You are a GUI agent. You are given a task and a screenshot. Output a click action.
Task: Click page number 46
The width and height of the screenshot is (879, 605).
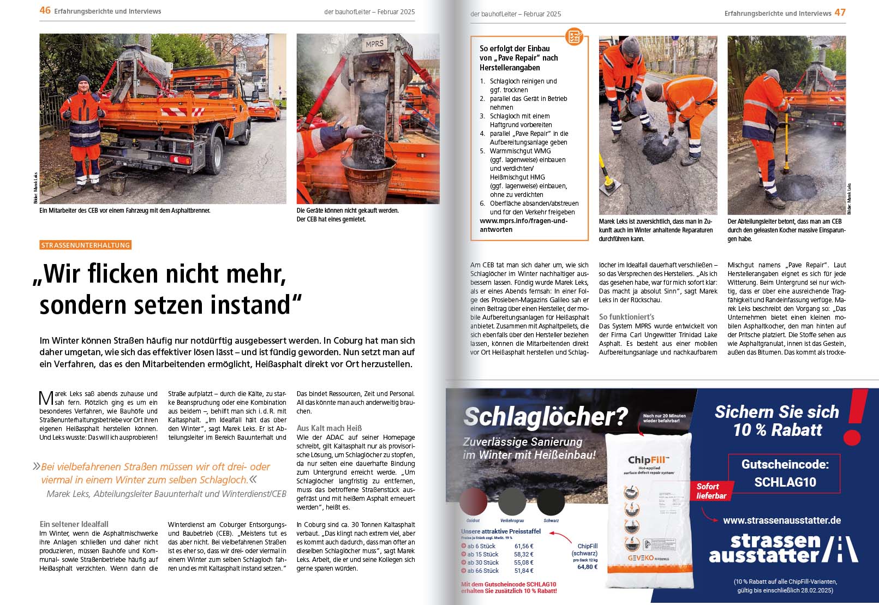(45, 10)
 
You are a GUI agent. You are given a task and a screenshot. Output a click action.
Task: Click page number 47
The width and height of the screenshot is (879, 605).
(840, 13)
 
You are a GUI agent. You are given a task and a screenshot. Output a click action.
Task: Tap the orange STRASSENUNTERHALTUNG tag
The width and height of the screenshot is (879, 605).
(86, 245)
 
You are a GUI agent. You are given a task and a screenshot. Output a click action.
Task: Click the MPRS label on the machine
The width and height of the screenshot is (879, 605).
(374, 44)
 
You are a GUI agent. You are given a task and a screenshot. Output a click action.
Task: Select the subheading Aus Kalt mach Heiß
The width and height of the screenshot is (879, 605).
(329, 428)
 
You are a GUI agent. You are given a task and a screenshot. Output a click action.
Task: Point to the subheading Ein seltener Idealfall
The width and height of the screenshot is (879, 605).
(74, 524)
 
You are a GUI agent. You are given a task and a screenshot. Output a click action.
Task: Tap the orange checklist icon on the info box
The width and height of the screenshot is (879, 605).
(574, 37)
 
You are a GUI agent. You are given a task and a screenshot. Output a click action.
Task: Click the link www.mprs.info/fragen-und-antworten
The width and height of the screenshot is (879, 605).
(523, 225)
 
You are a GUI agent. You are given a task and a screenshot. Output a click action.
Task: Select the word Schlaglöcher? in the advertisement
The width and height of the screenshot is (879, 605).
(545, 417)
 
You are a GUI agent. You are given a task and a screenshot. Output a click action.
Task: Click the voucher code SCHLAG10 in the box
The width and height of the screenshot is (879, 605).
(785, 482)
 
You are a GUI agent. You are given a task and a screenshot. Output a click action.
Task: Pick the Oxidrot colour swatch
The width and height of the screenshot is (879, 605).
(473, 501)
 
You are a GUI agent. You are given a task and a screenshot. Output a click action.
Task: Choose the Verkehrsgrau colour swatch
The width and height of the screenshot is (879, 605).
(512, 501)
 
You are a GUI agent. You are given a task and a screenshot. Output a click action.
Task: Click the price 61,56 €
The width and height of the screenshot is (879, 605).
(524, 546)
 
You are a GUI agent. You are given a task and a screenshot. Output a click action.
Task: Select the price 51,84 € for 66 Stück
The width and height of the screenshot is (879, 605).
(524, 571)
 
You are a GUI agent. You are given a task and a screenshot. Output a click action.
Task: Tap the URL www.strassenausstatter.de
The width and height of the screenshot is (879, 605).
(781, 520)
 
